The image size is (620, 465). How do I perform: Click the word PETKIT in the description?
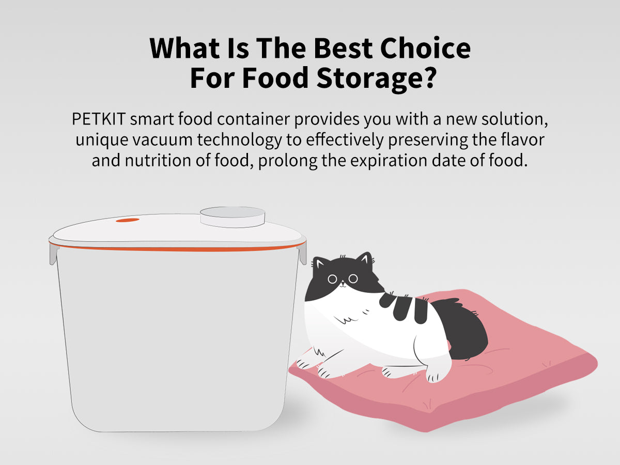point(99,119)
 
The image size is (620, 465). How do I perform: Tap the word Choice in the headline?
point(425,48)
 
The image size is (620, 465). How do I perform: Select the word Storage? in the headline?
point(377,78)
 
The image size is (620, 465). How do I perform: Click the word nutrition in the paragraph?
point(158,160)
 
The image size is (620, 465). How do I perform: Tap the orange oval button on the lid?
point(128,220)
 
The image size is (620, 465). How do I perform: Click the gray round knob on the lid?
point(233,217)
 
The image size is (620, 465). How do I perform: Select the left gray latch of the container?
point(54,254)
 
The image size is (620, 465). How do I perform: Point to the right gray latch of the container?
point(302,253)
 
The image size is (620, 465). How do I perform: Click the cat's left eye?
point(332,279)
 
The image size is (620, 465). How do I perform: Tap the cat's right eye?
point(353,278)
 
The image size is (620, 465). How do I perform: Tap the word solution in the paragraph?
point(515,119)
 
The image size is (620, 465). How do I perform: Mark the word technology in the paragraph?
point(240,140)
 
